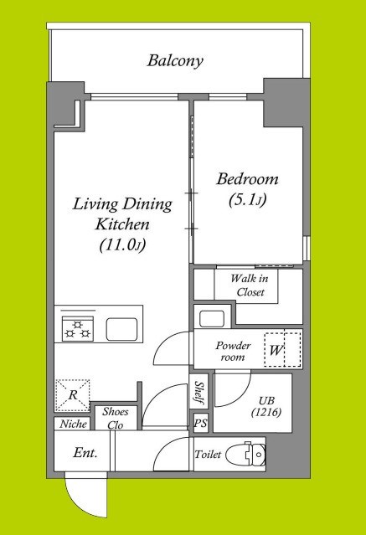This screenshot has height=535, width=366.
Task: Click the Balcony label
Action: click(175, 61)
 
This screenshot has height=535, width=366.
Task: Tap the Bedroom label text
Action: click(247, 179)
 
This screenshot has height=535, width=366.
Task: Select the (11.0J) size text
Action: click(123, 245)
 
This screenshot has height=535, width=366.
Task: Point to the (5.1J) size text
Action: click(247, 199)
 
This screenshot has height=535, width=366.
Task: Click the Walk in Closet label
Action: click(249, 286)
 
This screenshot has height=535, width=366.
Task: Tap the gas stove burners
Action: click(78, 329)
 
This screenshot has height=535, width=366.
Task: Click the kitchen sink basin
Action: click(122, 329)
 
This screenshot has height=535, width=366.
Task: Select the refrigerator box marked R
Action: click(72, 395)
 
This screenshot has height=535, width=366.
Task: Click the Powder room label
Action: click(233, 351)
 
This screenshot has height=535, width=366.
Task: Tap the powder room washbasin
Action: click(212, 319)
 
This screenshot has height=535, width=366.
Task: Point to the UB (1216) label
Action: click(266, 407)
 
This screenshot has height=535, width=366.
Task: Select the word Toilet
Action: click(208, 455)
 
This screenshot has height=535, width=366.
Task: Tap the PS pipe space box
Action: click(200, 423)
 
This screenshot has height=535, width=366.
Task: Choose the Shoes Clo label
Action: click(116, 419)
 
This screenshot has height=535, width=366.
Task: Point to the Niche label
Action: click(73, 424)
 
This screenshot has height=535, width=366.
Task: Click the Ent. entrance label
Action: click(85, 453)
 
